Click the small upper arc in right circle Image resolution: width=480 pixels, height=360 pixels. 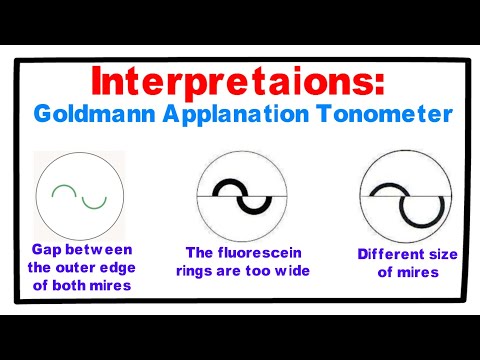click(386, 185)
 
